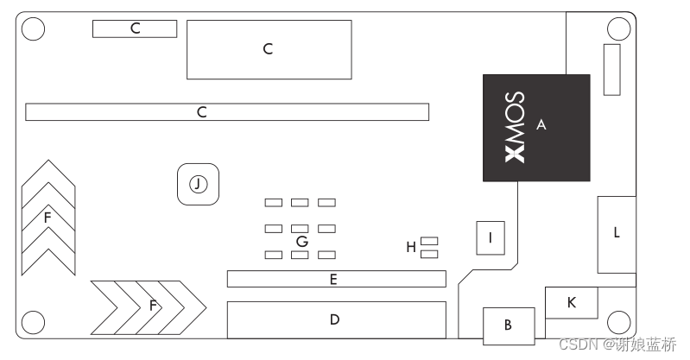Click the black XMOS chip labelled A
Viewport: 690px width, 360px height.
pos(536,128)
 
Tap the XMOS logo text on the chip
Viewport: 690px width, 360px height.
pos(514,128)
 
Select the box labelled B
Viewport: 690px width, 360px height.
pos(508,325)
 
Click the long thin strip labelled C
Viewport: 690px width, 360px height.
pos(227,111)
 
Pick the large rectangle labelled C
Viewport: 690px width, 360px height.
pos(269,49)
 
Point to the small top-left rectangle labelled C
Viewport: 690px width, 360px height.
pos(134,28)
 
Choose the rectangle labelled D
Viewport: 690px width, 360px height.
pos(336,319)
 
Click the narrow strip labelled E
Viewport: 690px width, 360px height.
pos(336,279)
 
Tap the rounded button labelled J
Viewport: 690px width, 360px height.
pos(198,184)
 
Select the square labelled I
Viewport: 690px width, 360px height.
pos(491,237)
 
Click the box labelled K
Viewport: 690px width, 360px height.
pos(570,302)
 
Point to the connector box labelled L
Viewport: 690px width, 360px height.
pos(616,234)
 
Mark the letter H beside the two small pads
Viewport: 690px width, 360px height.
pos(411,248)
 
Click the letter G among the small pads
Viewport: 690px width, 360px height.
pos(301,241)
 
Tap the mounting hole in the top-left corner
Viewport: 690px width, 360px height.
pos(32,28)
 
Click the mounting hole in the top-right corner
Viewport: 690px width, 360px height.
pos(619,28)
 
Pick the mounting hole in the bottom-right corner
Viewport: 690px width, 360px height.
pos(619,323)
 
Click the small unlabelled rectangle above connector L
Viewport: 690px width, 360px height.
pos(611,70)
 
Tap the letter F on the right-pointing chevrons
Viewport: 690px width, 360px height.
pos(153,306)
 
